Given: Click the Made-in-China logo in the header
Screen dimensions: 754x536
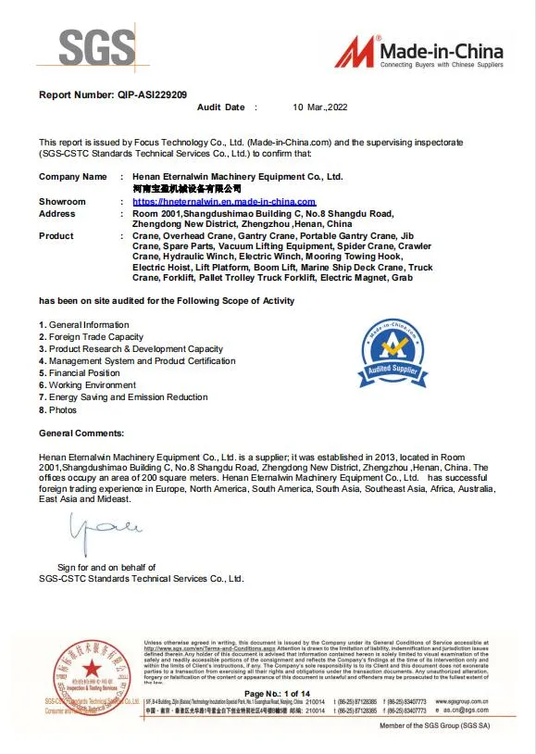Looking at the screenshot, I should point(419,52).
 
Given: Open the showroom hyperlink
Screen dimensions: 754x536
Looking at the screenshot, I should point(224,201).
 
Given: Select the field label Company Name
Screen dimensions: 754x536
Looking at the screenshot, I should point(72,176).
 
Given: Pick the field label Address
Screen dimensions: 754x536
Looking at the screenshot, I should point(57,213).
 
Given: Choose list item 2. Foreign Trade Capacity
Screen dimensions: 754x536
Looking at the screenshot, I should point(91,337).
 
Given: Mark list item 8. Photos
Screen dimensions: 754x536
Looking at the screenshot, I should point(58,409).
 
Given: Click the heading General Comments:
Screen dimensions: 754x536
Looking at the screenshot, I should point(81,434).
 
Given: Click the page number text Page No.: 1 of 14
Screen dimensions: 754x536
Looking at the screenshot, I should point(277,694).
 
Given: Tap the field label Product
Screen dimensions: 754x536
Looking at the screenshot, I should point(56,236).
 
